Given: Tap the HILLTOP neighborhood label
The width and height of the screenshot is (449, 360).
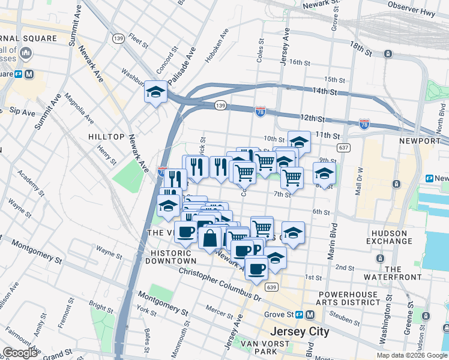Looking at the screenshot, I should coord(106,137).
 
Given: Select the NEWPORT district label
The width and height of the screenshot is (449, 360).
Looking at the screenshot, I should coord(420,140).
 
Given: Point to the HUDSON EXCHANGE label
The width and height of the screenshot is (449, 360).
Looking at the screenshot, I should coord(398,238).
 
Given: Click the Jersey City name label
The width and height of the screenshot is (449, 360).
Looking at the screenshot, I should coord(300,331).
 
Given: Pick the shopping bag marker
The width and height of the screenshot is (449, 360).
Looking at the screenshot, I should coord(210,238).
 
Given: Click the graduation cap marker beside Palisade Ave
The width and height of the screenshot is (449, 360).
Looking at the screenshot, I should coord(155,92).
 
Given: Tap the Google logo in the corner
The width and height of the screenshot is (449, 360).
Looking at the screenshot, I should coord(20,353).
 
